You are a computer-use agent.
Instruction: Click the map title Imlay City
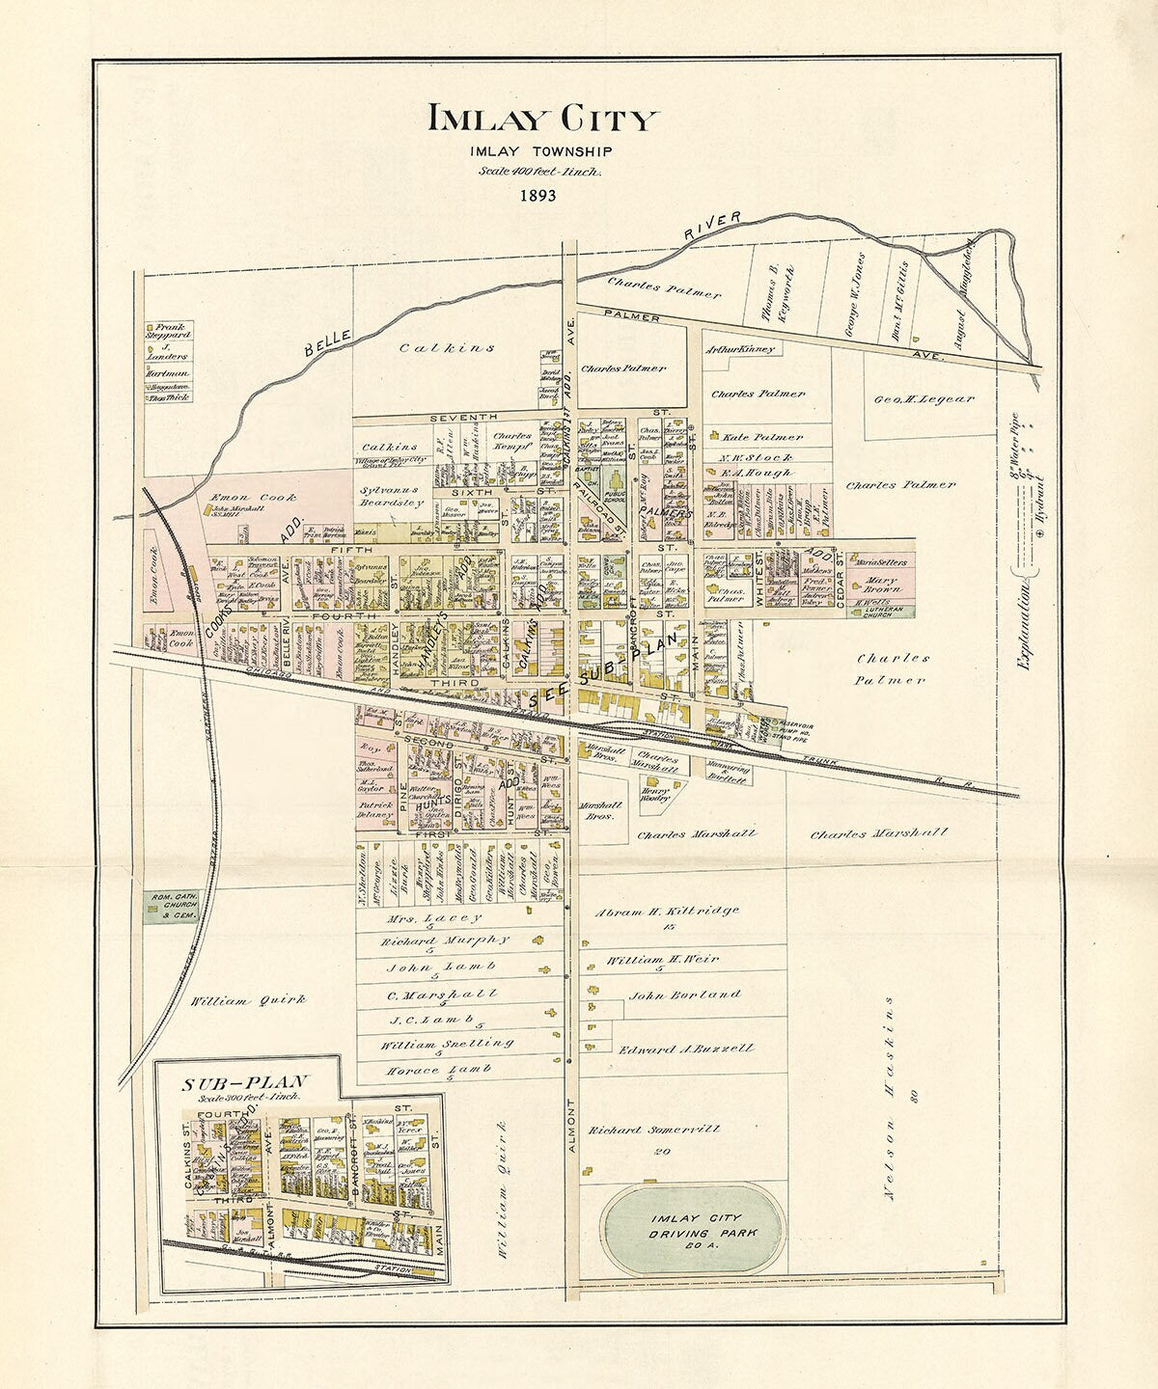click(542, 119)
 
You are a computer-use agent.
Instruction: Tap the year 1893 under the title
click(538, 196)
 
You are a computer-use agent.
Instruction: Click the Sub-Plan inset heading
click(244, 1083)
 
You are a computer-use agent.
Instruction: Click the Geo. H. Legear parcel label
click(924, 398)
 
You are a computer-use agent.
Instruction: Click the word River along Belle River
click(712, 225)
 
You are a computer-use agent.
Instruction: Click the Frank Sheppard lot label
click(170, 330)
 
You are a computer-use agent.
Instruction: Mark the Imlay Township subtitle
click(541, 151)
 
